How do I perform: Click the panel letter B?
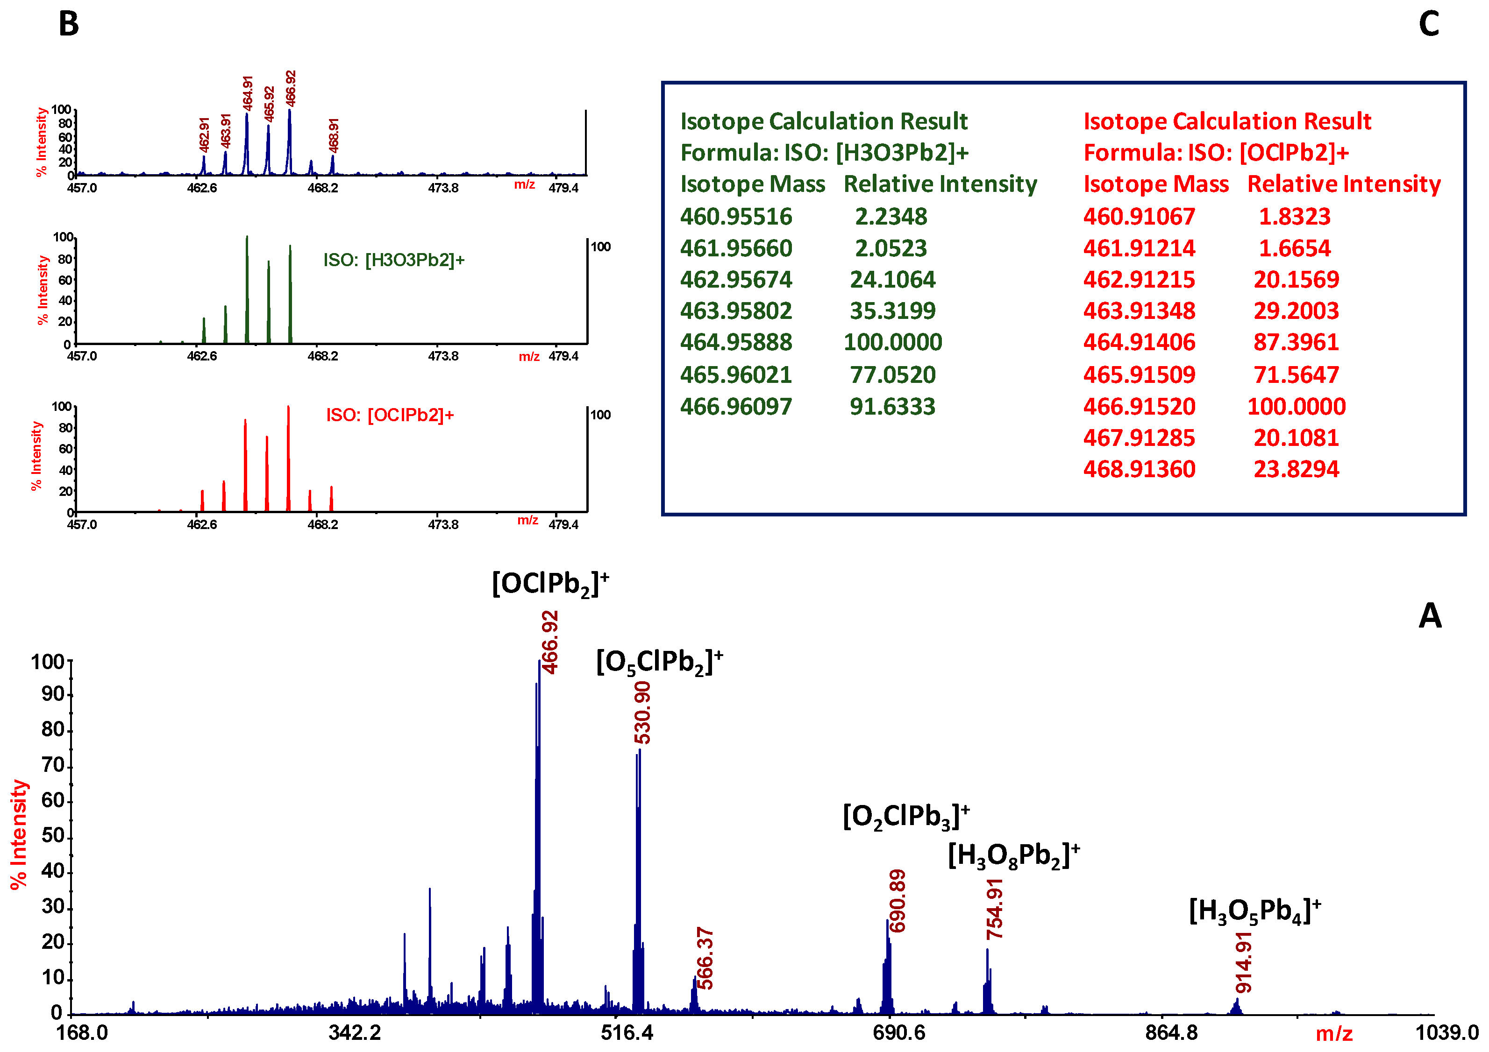tap(69, 25)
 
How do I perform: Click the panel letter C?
tap(1429, 25)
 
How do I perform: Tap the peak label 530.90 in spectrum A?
tap(642, 713)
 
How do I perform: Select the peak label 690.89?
tap(898, 901)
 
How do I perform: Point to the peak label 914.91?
tap(1244, 962)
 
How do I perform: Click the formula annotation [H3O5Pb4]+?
tap(1255, 911)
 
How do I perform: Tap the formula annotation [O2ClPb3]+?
tap(906, 816)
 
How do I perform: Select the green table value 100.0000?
tap(892, 342)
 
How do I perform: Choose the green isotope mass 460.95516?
tap(736, 217)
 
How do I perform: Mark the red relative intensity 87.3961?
tap(1296, 342)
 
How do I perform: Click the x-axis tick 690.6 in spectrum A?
tap(899, 1032)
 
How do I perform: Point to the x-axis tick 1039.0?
tap(1446, 1032)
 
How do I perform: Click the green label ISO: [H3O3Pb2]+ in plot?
tap(394, 260)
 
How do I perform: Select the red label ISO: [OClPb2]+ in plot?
tap(390, 415)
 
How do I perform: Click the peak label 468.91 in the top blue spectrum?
tap(333, 134)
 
